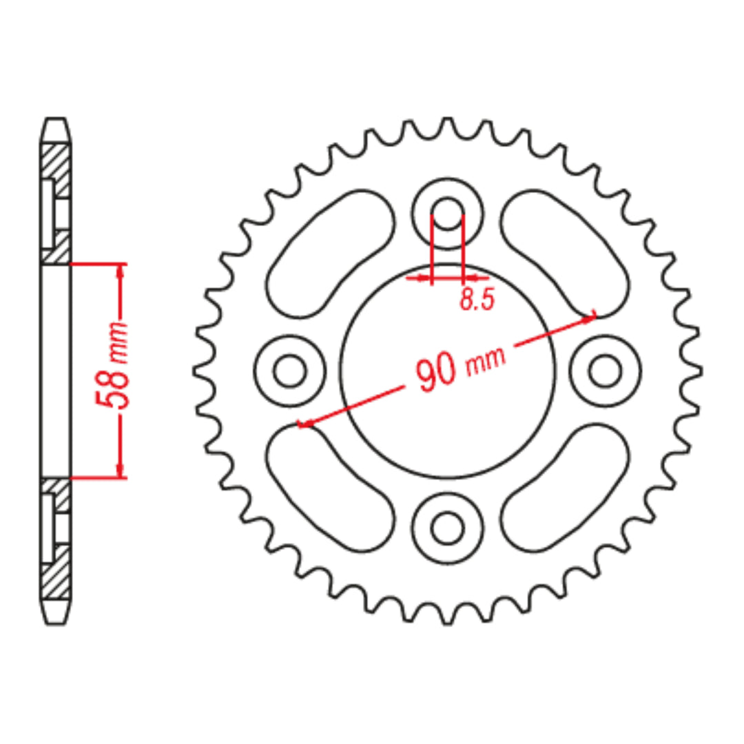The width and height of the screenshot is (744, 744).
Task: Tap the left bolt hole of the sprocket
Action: [289, 371]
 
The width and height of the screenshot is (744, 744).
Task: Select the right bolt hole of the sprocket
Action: [606, 371]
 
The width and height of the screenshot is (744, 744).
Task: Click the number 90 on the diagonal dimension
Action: [435, 374]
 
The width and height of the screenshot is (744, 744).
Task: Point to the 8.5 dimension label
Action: [477, 300]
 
